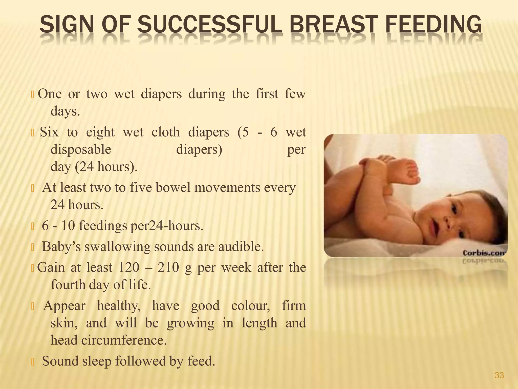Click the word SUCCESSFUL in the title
210,25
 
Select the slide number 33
499,375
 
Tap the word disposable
81,149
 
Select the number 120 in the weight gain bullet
129,267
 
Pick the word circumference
124,340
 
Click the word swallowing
117,247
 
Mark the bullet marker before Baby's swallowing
32,247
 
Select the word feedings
103,226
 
